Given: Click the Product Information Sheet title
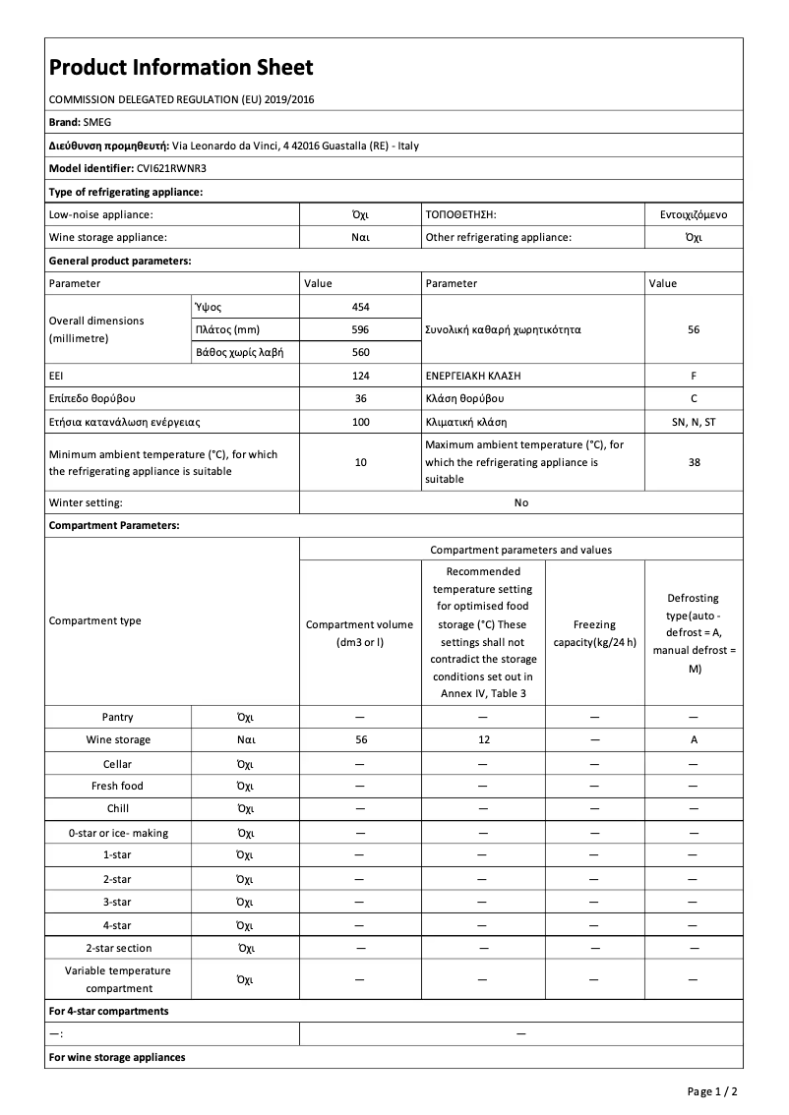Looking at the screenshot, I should pos(181,68).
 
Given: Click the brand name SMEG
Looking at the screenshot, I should pos(96,122).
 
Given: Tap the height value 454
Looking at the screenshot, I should pos(360,307).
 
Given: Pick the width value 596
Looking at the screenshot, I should pos(360,329).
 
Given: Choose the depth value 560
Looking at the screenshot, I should pos(360,352).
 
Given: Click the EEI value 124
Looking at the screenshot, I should pos(360,376).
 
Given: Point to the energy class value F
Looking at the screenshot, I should pos(694,376).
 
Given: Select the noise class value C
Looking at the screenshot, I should pos(694,398).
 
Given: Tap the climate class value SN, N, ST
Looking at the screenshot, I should pos(694,422).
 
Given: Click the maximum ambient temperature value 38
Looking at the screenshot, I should pos(694,462).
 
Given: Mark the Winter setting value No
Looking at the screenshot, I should pos(520,502).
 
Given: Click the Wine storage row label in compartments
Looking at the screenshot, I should pos(118,740).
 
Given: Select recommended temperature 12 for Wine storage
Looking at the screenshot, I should pos(483,740).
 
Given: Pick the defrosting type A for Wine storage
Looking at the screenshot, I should pos(694,740).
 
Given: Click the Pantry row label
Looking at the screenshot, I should pos(118,718).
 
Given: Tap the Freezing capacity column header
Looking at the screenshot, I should pos(594,633).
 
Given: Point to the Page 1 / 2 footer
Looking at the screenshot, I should pos(712,1091).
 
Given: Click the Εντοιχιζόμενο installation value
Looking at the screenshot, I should pos(694,213).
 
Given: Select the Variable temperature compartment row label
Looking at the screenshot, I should pos(118,979).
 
